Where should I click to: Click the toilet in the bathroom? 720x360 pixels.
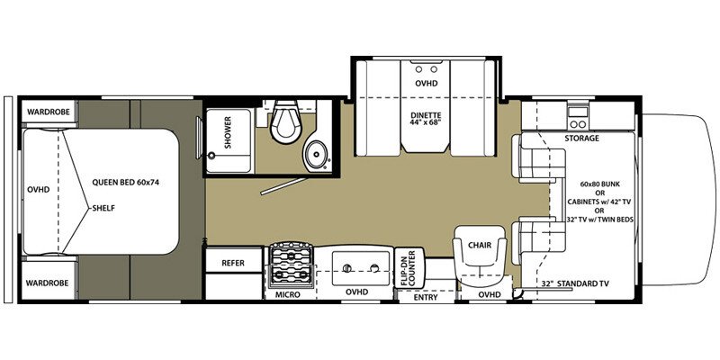285,121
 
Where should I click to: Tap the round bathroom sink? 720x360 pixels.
316,155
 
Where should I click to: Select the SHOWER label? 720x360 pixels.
229,132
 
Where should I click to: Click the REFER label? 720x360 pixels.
233,263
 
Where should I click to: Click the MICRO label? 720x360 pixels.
288,294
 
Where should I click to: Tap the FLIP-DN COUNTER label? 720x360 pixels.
407,268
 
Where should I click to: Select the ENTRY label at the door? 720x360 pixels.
425,297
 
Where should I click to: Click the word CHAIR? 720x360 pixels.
480,245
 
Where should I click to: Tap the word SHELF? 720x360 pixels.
103,208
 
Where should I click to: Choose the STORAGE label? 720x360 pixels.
581,138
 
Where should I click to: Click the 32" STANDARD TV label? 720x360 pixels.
575,283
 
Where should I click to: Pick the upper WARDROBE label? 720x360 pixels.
48,112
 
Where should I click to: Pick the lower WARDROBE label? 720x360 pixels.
47,283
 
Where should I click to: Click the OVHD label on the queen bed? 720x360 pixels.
38,189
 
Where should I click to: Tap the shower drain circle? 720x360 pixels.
211,156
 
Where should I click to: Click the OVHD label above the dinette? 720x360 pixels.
427,84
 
